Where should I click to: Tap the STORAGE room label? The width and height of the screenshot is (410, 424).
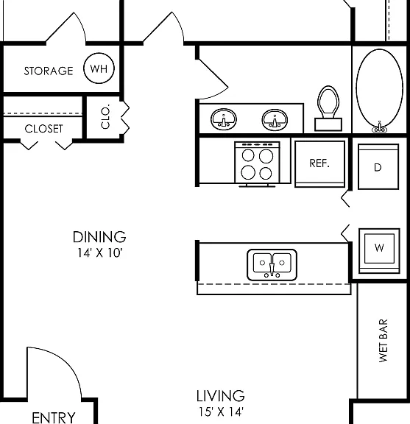click(49, 71)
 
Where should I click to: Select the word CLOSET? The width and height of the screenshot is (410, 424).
click(44, 129)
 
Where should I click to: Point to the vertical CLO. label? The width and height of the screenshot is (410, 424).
click(105, 116)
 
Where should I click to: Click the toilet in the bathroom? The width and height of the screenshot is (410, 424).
click(328, 108)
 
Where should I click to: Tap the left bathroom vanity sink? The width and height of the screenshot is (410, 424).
click(224, 119)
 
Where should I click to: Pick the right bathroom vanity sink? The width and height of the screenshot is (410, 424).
click(275, 119)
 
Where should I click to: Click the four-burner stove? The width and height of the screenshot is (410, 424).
click(257, 164)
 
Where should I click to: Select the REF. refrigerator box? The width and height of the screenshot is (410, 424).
click(319, 164)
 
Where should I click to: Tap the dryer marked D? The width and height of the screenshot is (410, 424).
click(378, 166)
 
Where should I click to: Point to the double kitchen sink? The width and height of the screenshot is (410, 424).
click(272, 265)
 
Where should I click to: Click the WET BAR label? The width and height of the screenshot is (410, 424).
click(384, 340)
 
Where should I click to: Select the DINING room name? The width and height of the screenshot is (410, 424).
click(99, 237)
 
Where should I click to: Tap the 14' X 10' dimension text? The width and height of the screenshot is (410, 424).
click(100, 253)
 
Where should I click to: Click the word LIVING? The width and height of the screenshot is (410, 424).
click(221, 396)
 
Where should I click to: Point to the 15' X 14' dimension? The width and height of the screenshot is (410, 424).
click(222, 411)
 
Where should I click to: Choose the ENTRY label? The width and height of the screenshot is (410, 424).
click(54, 418)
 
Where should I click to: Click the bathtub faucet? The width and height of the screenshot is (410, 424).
click(379, 127)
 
